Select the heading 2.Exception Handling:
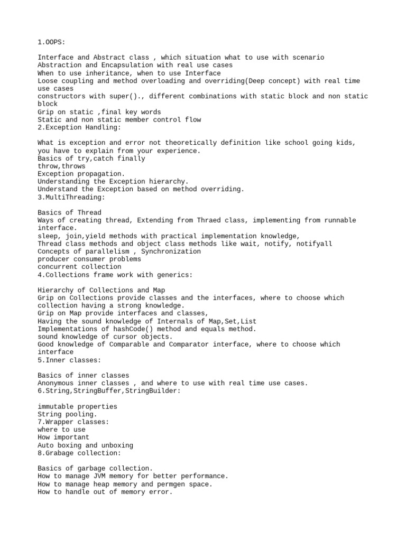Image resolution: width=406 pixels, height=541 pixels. (79, 127)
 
